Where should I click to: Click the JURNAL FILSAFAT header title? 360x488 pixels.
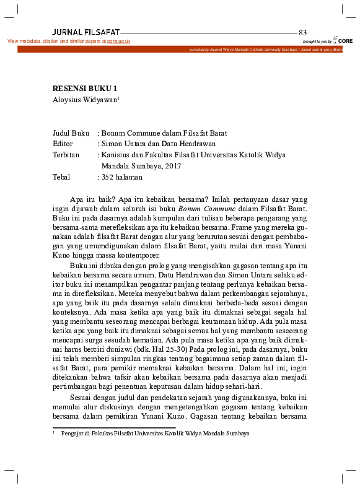(86, 32)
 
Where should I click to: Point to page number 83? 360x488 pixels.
(302, 32)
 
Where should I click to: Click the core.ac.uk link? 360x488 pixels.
(118, 41)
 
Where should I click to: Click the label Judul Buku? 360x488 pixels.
(71, 133)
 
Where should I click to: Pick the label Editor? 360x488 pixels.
(64, 144)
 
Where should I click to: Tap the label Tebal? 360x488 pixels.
(63, 177)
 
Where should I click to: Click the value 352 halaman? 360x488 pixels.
(122, 177)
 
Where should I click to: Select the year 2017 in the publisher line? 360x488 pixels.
(173, 166)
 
